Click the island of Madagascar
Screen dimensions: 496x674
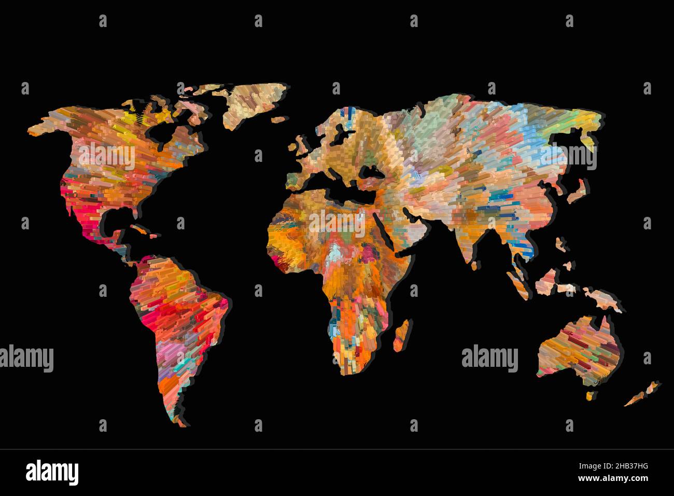pyautogui.click(x=401, y=335)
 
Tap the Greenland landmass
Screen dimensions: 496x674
pyautogui.click(x=254, y=104)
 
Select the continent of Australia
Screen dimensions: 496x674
pyautogui.click(x=578, y=348)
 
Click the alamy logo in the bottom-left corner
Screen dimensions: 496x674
pyautogui.click(x=52, y=472)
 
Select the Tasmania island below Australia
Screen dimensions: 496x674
pyautogui.click(x=589, y=396)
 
